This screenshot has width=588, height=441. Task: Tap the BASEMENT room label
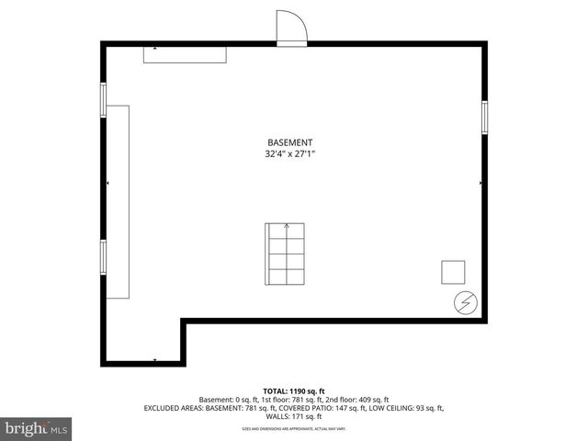point(290,142)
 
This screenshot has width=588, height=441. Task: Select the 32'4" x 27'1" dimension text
point(290,155)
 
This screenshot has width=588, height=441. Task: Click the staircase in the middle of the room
point(286,254)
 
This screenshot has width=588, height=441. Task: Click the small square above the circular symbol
point(453,272)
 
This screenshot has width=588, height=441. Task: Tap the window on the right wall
point(484,117)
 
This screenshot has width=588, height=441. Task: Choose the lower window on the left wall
point(104,257)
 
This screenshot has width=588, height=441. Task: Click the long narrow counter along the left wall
point(119,200)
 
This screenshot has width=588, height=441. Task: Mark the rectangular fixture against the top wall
point(185,55)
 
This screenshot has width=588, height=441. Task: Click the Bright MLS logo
point(37,428)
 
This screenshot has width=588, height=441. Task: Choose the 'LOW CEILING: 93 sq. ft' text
point(403,408)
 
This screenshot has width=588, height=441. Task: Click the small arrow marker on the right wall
point(481,184)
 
